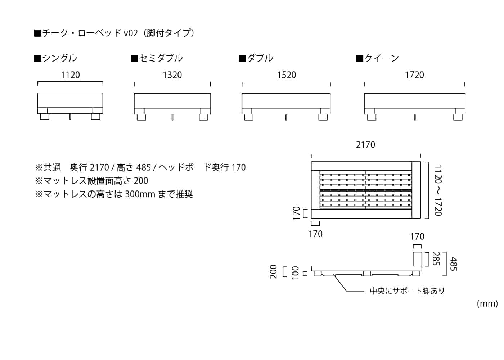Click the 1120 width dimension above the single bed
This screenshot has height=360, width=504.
click(x=70, y=75)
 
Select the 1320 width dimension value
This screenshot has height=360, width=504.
click(x=172, y=75)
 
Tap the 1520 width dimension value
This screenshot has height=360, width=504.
click(x=286, y=75)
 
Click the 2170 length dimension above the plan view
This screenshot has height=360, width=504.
click(x=365, y=145)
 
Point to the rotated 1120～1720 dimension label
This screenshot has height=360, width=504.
click(x=438, y=190)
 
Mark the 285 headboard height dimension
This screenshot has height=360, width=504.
click(x=436, y=259)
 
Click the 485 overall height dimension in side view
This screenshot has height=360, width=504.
click(x=453, y=264)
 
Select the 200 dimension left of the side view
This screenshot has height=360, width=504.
click(x=274, y=271)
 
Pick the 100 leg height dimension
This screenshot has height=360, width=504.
click(x=295, y=273)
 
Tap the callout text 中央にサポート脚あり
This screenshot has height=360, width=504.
click(x=407, y=291)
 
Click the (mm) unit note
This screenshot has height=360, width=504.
click(x=487, y=303)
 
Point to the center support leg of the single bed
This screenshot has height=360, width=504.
click(x=71, y=117)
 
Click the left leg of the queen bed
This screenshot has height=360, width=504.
click(x=372, y=117)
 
